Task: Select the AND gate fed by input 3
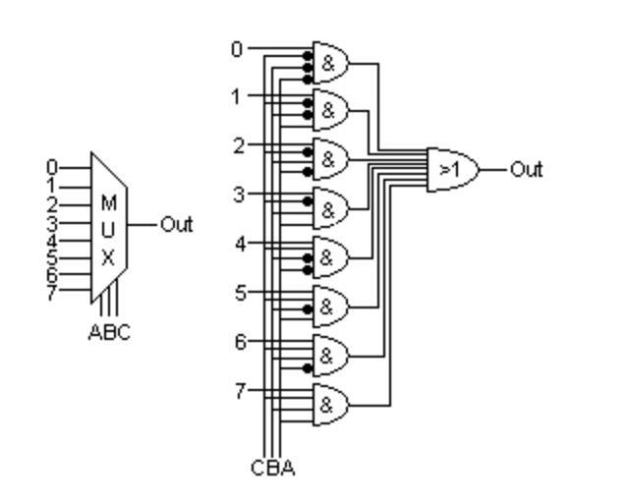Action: click(330, 207)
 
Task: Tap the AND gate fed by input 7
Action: click(330, 404)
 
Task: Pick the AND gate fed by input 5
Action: click(330, 306)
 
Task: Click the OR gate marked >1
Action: click(451, 169)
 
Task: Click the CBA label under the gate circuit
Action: click(272, 469)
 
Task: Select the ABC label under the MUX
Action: click(109, 333)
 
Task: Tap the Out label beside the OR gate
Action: click(526, 169)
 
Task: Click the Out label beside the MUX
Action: click(176, 224)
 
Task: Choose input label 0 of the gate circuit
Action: click(236, 47)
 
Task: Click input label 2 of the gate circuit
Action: click(237, 145)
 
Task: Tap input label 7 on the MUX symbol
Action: click(52, 293)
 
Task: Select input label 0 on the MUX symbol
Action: click(52, 168)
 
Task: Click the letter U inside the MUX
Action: click(108, 231)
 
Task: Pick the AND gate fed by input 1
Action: click(330, 109)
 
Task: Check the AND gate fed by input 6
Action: click(330, 355)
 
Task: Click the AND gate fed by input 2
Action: click(330, 158)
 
